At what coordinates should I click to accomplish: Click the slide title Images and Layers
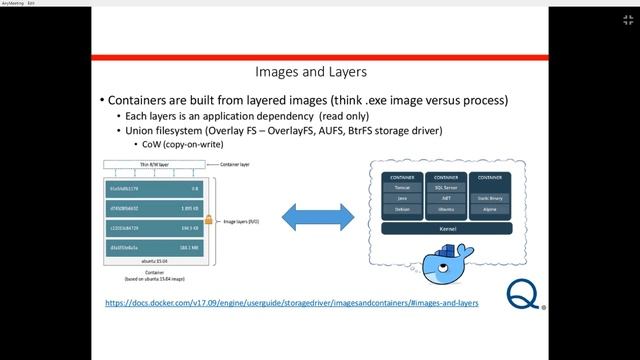[311, 73]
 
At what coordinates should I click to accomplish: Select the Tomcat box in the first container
[402, 187]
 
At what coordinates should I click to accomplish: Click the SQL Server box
[447, 187]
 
